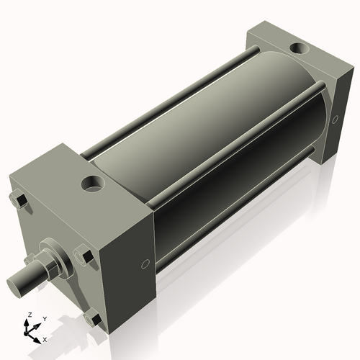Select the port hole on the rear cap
pyautogui.click(x=296, y=50)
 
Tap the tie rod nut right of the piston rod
pyautogui.click(x=82, y=256)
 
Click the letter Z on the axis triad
pyautogui.click(x=28, y=315)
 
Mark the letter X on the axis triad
pyautogui.click(x=45, y=338)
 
